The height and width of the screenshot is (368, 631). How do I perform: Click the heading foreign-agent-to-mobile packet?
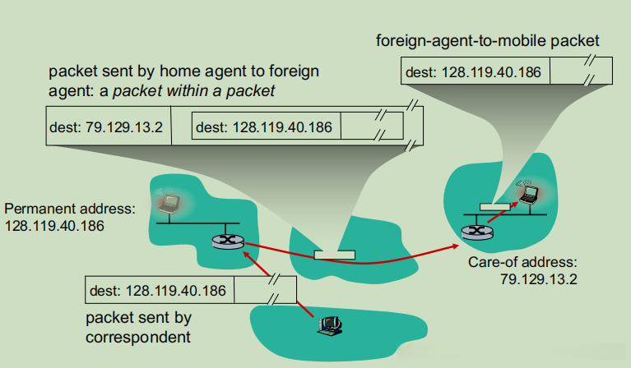487,41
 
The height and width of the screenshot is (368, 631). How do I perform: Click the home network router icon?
228,241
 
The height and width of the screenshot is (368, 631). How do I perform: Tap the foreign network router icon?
477,232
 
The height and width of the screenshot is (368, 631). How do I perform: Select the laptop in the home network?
169,203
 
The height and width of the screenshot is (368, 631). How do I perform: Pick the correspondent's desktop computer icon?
330,325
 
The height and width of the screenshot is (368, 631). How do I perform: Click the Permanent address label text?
70,209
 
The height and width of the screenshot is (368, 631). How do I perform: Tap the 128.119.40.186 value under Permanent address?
54,226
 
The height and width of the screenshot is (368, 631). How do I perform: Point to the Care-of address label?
522,262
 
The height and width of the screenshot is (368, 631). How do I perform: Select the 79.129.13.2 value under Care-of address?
538,279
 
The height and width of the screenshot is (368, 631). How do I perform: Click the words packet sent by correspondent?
138,327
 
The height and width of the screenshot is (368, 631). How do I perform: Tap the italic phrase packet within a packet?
193,91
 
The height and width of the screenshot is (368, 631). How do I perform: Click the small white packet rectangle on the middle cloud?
334,255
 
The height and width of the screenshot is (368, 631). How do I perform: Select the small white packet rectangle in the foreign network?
494,207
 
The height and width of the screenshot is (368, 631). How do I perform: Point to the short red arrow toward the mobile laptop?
503,212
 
